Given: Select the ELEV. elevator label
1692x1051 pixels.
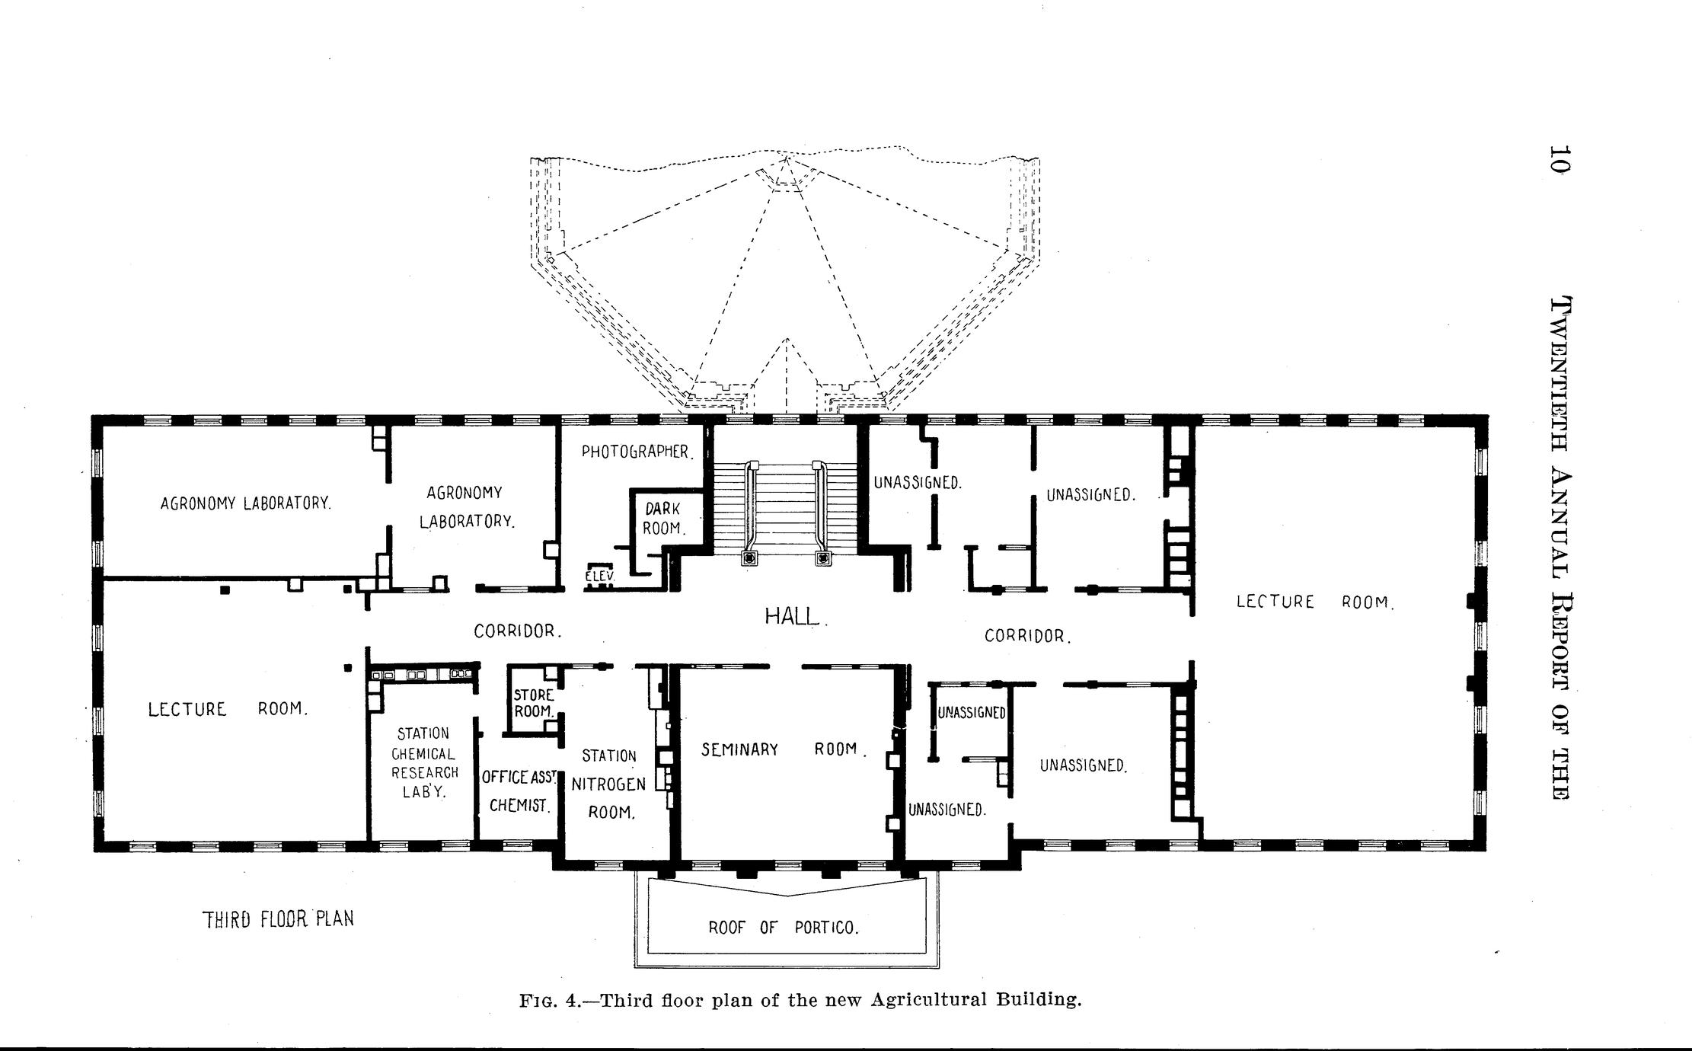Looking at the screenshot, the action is coord(599,577).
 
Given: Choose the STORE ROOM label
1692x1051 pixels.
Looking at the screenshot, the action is coord(533,703).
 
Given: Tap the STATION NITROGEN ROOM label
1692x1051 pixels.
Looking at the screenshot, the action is coord(610,784).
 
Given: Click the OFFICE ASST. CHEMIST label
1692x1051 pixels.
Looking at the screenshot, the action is coord(520,791).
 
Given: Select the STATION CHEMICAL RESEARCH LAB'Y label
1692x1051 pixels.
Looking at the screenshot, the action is coord(424,762).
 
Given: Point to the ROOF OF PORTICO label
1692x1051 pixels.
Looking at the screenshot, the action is coord(784,928).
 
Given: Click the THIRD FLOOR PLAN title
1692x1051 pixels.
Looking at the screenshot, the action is coord(279,918).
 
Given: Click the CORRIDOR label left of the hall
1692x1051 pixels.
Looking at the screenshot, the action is coord(518,631).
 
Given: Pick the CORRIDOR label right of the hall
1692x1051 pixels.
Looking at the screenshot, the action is coord(1028,635).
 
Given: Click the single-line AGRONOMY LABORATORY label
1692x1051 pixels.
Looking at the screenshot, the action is coord(246,503).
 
